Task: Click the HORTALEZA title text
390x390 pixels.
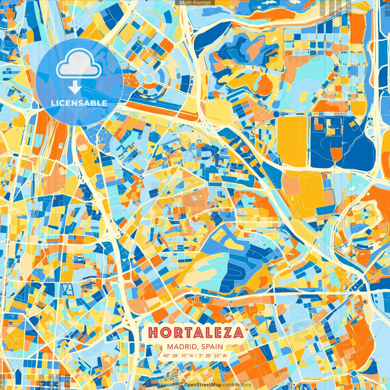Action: pos(196,333)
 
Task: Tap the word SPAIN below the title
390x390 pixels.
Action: pos(212,347)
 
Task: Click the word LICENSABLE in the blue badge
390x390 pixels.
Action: pos(79,103)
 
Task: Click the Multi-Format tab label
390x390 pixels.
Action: pos(195,3)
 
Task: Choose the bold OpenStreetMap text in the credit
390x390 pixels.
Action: pos(202,385)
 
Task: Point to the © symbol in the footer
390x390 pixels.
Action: pos(180,385)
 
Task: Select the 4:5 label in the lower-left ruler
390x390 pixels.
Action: pos(42,382)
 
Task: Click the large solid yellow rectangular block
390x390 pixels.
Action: pos(292,142)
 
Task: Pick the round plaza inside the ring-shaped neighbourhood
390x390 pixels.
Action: pos(149,79)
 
